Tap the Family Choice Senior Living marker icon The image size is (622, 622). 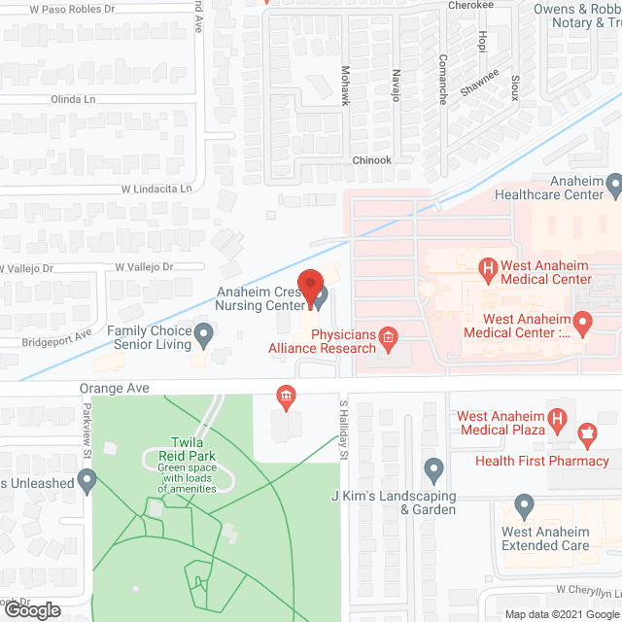point(204,336)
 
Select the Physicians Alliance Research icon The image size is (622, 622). point(388,337)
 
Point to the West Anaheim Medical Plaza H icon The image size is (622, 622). point(557,419)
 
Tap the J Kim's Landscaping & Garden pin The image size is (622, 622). point(433,472)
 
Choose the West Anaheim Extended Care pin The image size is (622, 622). point(524,506)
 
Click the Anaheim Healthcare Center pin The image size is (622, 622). point(613,184)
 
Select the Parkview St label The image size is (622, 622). point(86,432)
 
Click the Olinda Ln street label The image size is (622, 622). point(77,99)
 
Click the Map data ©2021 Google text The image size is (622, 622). point(560,614)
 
